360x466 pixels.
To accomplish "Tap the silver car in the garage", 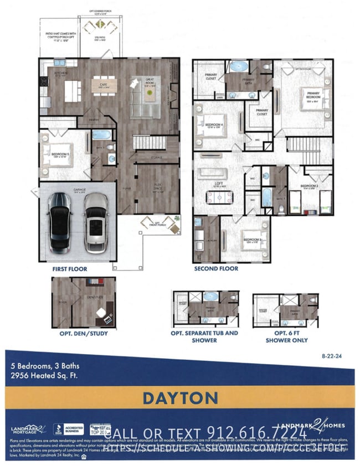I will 96,221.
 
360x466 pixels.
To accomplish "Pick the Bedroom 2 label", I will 309,186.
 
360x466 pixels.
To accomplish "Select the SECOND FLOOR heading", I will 215,269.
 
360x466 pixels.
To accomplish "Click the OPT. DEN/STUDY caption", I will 84,334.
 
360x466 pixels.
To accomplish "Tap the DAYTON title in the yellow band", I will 179,398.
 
